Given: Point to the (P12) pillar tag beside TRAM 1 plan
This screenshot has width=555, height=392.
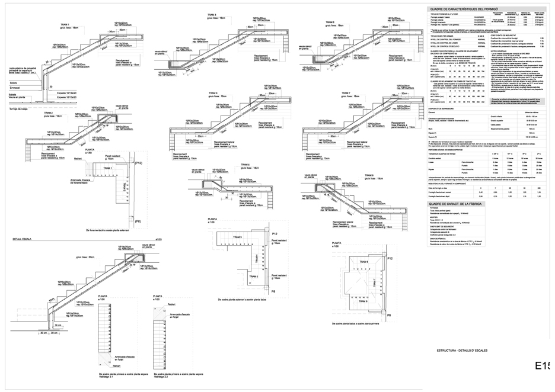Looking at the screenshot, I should point(138,162).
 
